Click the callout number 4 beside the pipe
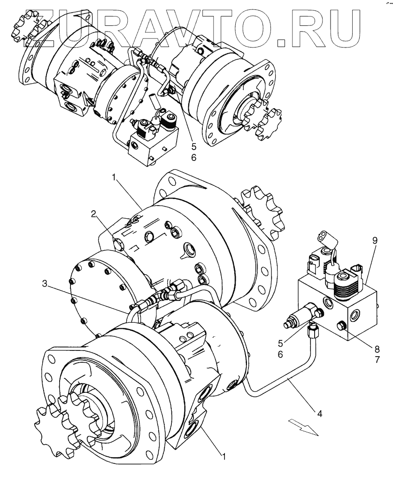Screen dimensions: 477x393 (x=320, y=414)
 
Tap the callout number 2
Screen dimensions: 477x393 (x=94, y=215)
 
